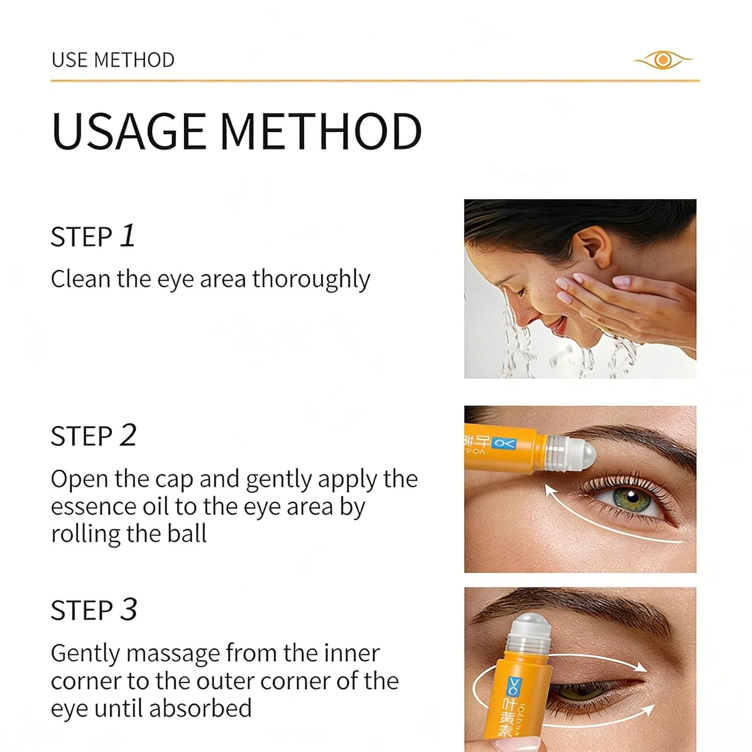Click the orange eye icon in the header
click(x=663, y=60)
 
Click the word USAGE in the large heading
click(x=129, y=131)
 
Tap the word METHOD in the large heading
click(x=321, y=131)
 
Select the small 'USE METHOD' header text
click(x=113, y=60)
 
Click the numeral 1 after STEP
click(x=128, y=236)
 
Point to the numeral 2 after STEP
click(x=128, y=435)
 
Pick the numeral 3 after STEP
click(x=128, y=610)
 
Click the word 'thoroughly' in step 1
click(x=311, y=279)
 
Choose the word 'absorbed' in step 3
click(x=201, y=708)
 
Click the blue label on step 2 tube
click(x=503, y=443)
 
